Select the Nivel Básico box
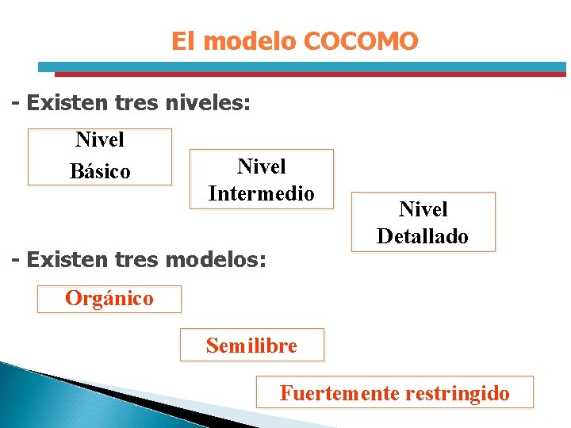click(100, 156)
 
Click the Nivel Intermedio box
click(261, 179)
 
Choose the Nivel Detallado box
click(423, 222)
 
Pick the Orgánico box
click(109, 299)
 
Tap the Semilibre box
click(251, 346)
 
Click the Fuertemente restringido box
click(394, 392)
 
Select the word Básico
click(100, 171)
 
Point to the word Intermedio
click(261, 193)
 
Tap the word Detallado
click(423, 236)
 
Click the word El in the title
click(182, 41)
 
